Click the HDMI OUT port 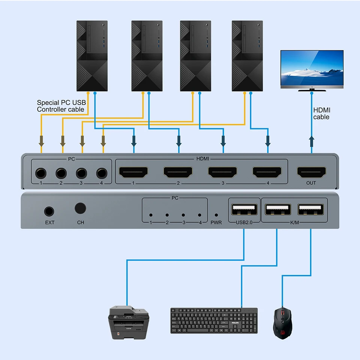click(x=311, y=172)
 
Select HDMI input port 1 click(x=133, y=172)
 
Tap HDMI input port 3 click(x=222, y=172)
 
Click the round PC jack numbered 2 click(x=61, y=173)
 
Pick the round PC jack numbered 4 click(x=102, y=173)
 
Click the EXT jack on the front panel click(x=49, y=211)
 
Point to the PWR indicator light click(x=216, y=216)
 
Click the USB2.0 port click(x=244, y=210)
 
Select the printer click(x=128, y=322)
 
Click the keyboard click(x=214, y=321)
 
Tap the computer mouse click(x=283, y=322)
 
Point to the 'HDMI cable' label click(x=321, y=114)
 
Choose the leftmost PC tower click(x=92, y=56)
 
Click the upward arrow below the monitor click(x=311, y=142)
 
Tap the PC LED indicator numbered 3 click(x=183, y=216)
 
